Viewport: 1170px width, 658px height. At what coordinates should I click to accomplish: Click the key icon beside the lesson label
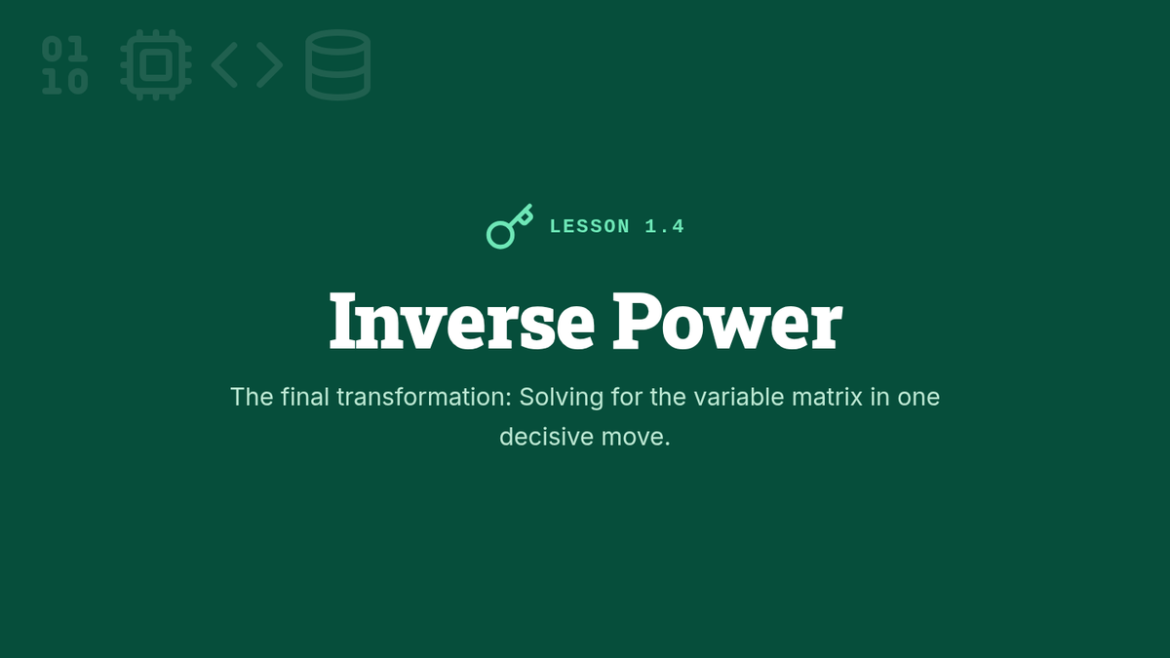509,226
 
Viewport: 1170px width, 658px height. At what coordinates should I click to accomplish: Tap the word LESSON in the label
590,226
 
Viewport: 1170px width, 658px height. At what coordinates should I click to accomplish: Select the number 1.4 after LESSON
664,226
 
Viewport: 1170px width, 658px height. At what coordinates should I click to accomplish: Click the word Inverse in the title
462,321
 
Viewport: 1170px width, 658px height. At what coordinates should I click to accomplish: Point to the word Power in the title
727,321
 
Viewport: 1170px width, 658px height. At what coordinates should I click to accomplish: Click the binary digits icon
64,65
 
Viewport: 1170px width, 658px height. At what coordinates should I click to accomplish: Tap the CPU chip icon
156,65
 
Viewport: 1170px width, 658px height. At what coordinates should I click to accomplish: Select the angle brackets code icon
247,65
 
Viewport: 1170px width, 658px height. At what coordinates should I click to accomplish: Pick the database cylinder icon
338,65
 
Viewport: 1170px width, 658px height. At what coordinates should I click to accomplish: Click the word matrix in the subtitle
827,397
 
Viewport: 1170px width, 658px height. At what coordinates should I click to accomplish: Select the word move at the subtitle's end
635,438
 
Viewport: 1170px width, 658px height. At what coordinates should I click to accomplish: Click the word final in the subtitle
304,397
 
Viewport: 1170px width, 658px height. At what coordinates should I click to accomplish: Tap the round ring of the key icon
500,235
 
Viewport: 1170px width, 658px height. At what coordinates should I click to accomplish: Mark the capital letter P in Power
635,321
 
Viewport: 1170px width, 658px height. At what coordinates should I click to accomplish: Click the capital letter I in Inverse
342,321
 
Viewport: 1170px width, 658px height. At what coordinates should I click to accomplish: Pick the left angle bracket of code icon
225,65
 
